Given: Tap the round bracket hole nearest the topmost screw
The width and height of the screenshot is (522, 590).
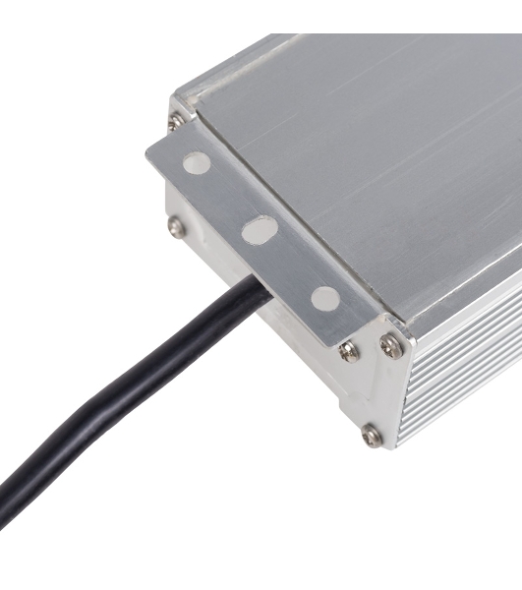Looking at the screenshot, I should [197, 162].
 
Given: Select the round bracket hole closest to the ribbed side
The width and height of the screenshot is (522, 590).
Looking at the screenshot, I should [324, 298].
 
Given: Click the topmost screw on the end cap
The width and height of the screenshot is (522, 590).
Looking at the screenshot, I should [175, 122].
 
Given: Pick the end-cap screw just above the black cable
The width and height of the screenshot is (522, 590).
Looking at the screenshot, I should [176, 226].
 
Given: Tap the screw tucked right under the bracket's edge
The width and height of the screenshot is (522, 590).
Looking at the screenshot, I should [349, 351].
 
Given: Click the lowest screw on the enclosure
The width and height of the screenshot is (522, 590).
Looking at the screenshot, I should [372, 434].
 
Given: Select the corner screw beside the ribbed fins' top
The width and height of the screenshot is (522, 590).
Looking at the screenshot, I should [391, 344].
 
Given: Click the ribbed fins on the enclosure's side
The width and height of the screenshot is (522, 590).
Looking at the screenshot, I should [462, 374].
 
